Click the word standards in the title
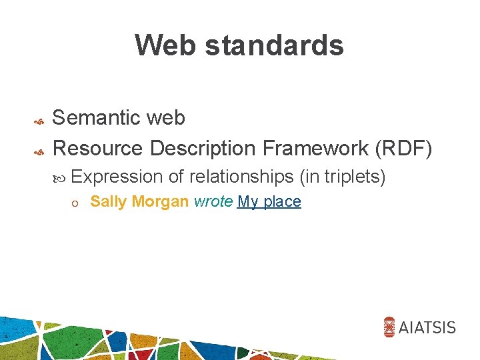(275, 45)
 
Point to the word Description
(203, 147)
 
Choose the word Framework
(316, 147)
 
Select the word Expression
(117, 177)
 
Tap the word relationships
(242, 177)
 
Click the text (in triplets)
(343, 177)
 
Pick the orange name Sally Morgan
(139, 201)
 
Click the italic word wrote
(213, 201)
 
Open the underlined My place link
(269, 201)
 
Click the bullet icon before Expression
(61, 178)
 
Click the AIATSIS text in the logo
(427, 327)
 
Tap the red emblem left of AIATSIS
(390, 327)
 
